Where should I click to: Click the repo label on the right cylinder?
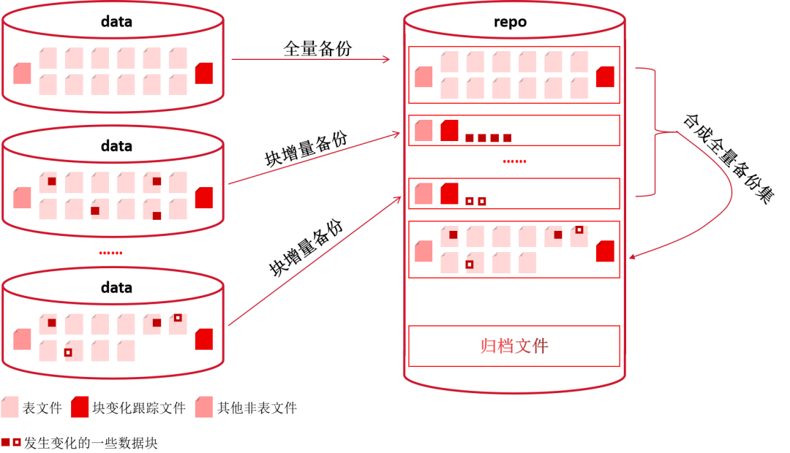pyautogui.click(x=510, y=22)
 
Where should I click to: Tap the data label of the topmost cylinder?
pyautogui.click(x=116, y=22)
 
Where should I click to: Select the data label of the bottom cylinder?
pyautogui.click(x=116, y=287)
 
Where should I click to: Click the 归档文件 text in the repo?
pyautogui.click(x=514, y=346)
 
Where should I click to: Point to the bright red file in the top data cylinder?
pyautogui.click(x=204, y=73)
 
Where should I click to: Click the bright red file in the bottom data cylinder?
pyautogui.click(x=204, y=339)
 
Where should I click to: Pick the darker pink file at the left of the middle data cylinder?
pyautogui.click(x=22, y=197)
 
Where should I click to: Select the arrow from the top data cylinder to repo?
pyautogui.click(x=311, y=59)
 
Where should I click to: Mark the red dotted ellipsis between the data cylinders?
pyautogui.click(x=111, y=253)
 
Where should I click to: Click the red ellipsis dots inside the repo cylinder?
pyautogui.click(x=514, y=161)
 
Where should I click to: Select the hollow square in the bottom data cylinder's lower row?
pyautogui.click(x=68, y=352)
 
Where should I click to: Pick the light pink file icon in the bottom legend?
pyautogui.click(x=10, y=407)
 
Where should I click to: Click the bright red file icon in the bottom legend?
pyautogui.click(x=80, y=407)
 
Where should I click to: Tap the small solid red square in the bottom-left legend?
pyautogui.click(x=5, y=442)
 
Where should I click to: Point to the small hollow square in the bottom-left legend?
pyautogui.click(x=17, y=442)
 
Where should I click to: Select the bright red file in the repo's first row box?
pyautogui.click(x=605, y=77)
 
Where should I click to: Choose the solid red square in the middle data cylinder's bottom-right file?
pyautogui.click(x=157, y=216)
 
